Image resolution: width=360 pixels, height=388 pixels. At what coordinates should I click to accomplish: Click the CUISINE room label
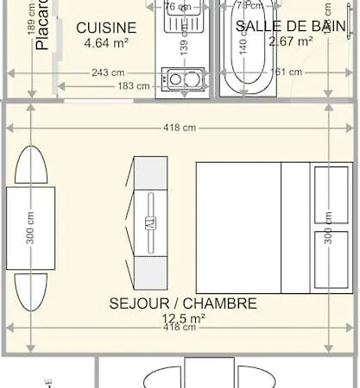(106, 28)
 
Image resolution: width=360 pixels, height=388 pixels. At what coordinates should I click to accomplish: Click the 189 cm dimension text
(32, 21)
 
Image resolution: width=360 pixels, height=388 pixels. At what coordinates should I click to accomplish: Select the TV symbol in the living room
(150, 222)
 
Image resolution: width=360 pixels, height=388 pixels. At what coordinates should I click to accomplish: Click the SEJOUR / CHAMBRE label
(183, 304)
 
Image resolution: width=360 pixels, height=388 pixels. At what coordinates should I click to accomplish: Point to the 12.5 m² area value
(183, 318)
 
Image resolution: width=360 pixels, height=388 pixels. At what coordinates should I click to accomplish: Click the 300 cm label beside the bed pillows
(328, 228)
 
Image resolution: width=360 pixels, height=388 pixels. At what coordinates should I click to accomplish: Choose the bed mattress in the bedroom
(239, 226)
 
